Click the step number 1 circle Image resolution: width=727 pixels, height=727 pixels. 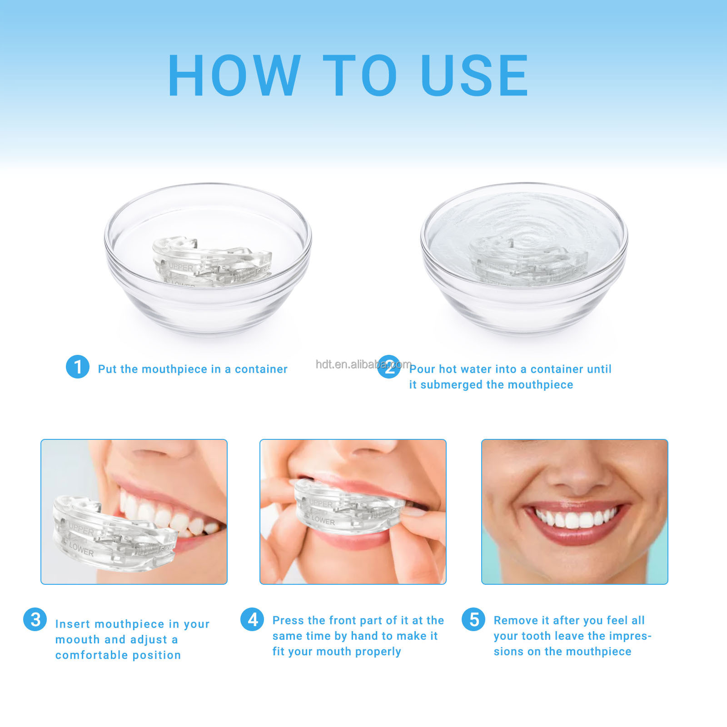coord(78,367)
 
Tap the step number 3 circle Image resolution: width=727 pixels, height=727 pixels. coord(35,620)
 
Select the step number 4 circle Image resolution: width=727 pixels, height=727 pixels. coord(252,619)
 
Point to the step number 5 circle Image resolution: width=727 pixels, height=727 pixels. coord(473,619)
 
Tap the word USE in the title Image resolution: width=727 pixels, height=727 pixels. coord(474,76)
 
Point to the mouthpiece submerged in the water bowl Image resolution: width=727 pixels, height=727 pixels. coord(527,262)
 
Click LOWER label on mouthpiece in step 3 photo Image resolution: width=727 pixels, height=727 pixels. coord(82,550)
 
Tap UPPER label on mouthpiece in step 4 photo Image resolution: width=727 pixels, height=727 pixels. coord(321,504)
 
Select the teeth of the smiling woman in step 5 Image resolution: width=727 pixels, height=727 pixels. coord(575,518)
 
